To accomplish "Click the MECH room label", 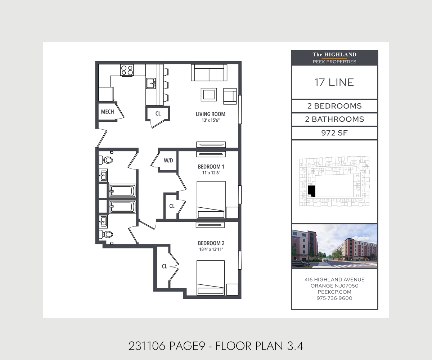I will coord(107,112).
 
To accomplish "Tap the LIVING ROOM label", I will coord(211,114).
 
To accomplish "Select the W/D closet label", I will coord(168,161).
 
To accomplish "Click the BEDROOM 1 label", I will coord(211,167).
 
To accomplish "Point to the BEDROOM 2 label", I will coord(211,243).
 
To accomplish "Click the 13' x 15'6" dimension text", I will coord(211,120).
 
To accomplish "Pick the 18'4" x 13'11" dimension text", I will coord(211,249).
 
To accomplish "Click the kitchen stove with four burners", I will coord(127,70).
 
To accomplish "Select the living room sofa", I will coord(209,73).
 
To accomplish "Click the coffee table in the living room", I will coord(209,95).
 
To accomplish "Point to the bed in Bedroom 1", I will coord(211,200).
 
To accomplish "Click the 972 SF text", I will coord(334,133).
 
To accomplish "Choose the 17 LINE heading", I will coord(334,82).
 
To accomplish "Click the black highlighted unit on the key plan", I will coord(312,191).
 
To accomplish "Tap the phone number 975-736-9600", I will coord(334,298).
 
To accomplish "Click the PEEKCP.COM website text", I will coord(334,292).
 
